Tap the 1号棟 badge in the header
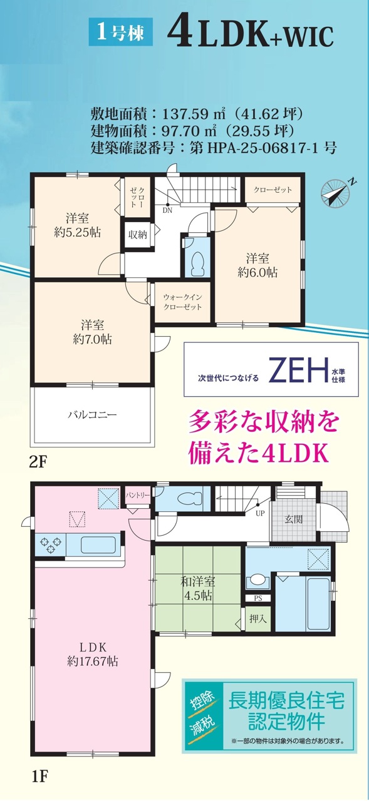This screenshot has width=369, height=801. pyautogui.click(x=121, y=34)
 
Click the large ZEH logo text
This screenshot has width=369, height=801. pyautogui.click(x=298, y=369)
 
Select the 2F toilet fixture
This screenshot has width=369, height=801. pyautogui.click(x=197, y=263)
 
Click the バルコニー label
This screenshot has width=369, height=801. pyautogui.click(x=92, y=415)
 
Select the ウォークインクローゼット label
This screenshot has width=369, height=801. pyautogui.click(x=182, y=302)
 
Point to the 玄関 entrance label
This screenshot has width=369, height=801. pyautogui.click(x=293, y=519)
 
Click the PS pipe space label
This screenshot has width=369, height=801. pyautogui.click(x=257, y=598)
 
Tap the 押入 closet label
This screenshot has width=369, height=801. pyautogui.click(x=258, y=618)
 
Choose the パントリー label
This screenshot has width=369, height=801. pyautogui.click(x=137, y=495)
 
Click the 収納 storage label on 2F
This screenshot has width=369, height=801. pyautogui.click(x=137, y=235)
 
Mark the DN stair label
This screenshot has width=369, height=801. pyautogui.click(x=167, y=211)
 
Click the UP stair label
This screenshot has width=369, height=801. pyautogui.click(x=260, y=514)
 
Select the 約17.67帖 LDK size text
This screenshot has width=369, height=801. pyautogui.click(x=93, y=661)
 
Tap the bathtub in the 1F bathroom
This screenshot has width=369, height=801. pyautogui.click(x=318, y=605)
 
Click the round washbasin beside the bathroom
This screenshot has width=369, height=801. pyautogui.click(x=257, y=579)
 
